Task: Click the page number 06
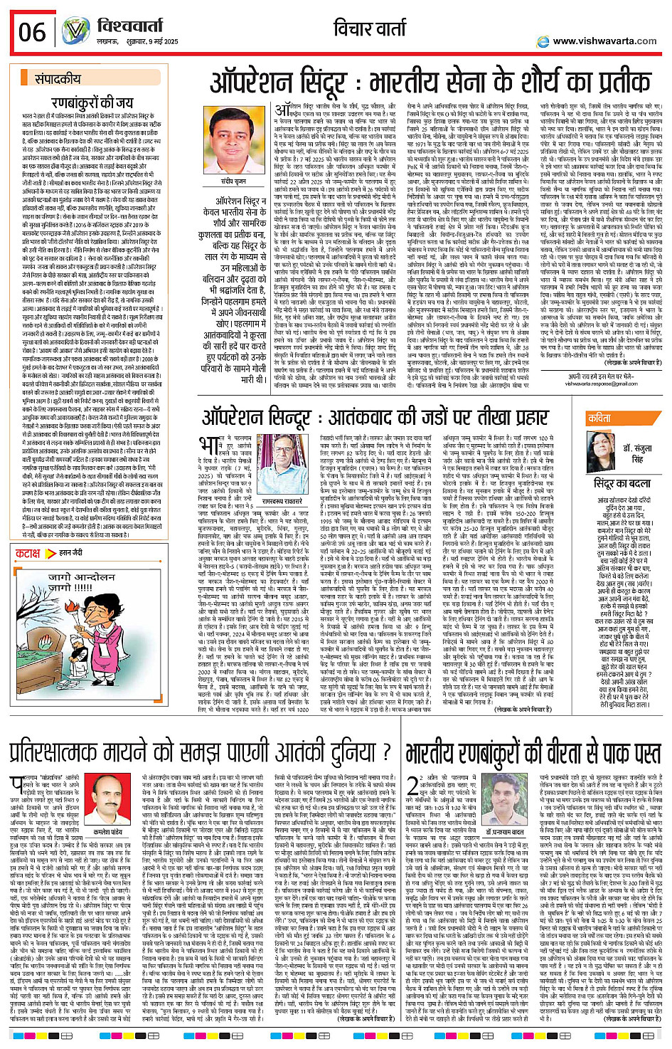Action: coord(32,32)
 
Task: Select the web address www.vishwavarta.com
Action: coord(604,41)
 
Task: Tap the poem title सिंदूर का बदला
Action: coord(622,484)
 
